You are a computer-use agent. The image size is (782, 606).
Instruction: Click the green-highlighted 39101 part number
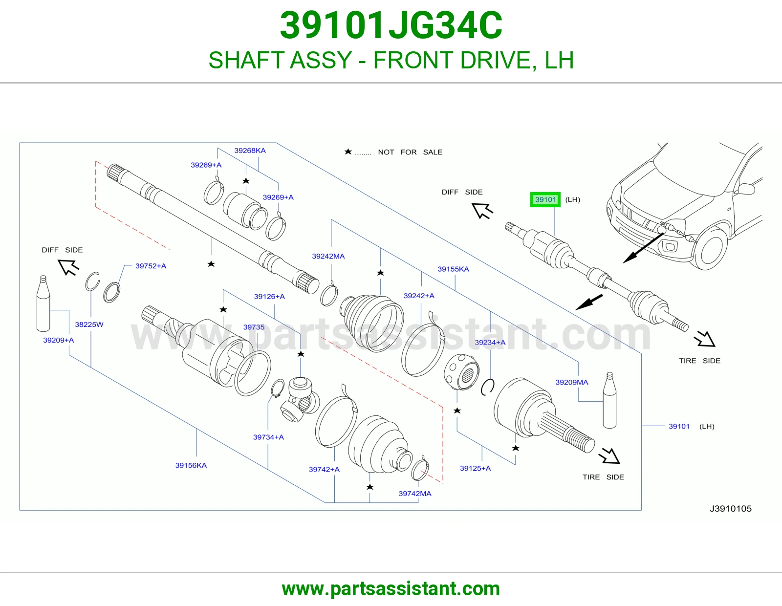click(545, 200)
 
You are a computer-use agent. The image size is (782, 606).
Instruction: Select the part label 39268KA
click(250, 151)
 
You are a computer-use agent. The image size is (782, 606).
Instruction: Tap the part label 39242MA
click(328, 256)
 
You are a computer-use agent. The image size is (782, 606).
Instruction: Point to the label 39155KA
click(453, 269)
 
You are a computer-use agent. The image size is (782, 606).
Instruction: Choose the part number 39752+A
click(151, 266)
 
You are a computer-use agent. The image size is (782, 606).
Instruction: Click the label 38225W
click(89, 325)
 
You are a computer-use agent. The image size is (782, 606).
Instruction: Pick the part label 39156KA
click(191, 465)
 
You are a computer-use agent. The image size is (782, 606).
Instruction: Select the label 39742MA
click(414, 494)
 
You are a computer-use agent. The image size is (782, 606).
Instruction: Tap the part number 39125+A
click(475, 468)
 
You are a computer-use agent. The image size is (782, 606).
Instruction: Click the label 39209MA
click(571, 382)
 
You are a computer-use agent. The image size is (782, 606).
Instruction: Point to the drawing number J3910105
click(730, 509)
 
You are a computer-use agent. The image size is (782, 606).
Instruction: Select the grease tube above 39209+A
click(43, 303)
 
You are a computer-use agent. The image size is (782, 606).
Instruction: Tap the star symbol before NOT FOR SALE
click(348, 152)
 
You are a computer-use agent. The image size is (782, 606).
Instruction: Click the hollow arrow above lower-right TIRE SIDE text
click(609, 456)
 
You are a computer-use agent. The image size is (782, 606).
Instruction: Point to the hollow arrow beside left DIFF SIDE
click(68, 267)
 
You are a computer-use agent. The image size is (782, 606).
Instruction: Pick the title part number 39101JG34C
click(391, 25)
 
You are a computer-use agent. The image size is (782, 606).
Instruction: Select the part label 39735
click(254, 327)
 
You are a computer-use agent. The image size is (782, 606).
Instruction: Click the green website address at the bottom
click(391, 589)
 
